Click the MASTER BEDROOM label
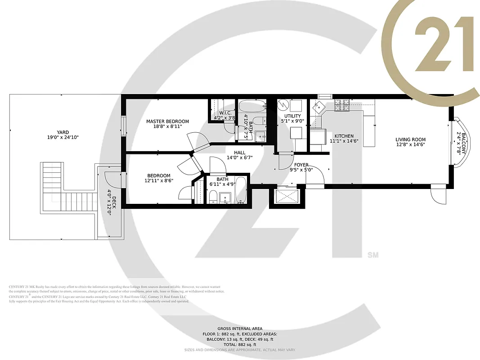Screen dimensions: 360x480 [167, 121]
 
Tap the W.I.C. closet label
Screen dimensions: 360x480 [225, 112]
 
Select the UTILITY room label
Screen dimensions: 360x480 [292, 116]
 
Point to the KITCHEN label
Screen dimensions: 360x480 [344, 136]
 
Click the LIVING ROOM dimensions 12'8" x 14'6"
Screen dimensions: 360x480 [410, 144]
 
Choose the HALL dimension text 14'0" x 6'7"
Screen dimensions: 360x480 [233, 157]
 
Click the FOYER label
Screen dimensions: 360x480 [301, 165]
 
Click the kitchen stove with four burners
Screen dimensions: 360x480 [341, 105]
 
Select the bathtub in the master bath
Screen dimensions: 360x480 [253, 107]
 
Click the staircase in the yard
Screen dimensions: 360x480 [67, 189]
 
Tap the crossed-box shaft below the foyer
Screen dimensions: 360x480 [287, 197]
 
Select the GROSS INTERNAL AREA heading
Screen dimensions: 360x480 [239, 329]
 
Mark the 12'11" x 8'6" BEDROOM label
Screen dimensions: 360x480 [159, 175]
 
